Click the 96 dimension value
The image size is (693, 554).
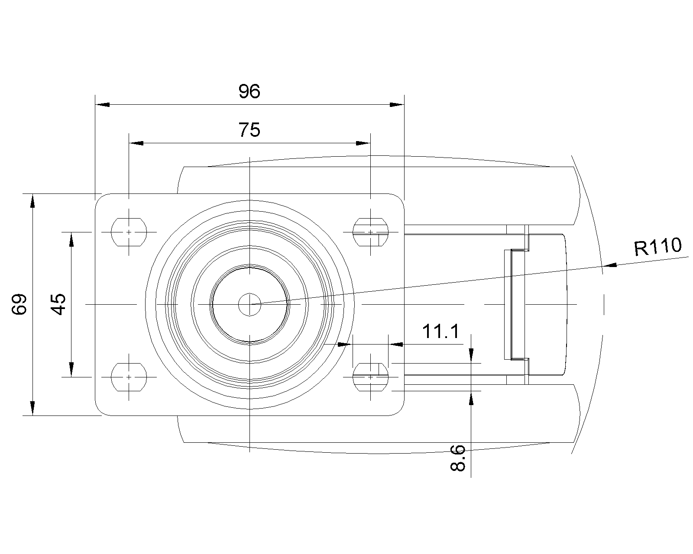(249, 91)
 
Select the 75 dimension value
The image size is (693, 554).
(249, 130)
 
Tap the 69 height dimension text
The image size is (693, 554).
(19, 304)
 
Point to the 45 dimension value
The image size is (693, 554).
(58, 304)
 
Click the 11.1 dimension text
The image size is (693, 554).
(440, 332)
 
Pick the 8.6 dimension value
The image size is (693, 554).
(458, 458)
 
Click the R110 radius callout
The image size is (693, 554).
(658, 247)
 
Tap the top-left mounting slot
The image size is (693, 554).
(129, 232)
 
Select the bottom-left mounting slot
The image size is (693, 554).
(129, 377)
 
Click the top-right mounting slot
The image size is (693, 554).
(370, 232)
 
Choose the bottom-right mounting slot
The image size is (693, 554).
(370, 377)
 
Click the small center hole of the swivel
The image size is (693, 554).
(249, 305)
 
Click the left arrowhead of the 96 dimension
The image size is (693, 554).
(102, 105)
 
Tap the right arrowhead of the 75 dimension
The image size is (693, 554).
(363, 143)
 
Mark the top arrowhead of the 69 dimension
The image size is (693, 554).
(32, 201)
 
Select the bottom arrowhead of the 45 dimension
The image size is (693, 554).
(71, 370)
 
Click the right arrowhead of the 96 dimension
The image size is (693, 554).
(397, 105)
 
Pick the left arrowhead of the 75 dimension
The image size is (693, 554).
(136, 143)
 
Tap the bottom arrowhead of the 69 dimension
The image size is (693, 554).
(32, 408)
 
